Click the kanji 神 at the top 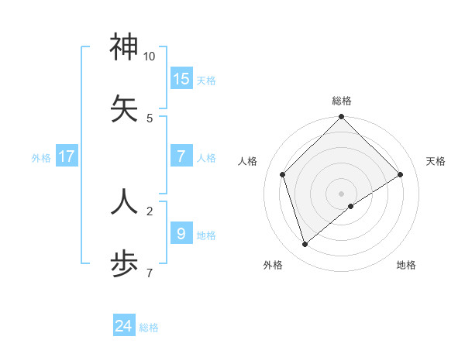(x=124, y=47)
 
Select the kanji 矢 (x=124, y=108)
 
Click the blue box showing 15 (x=181, y=78)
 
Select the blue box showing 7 (x=181, y=156)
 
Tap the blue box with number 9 (x=181, y=233)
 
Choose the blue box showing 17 (x=67, y=156)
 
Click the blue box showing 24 (x=124, y=326)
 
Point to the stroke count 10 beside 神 (x=150, y=57)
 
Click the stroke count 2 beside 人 (x=150, y=210)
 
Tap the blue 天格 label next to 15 (x=206, y=81)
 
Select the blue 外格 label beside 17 (x=41, y=158)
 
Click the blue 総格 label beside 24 (x=149, y=328)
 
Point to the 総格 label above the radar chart (x=342, y=101)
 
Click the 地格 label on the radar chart (x=406, y=265)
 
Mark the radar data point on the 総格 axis (x=341, y=118)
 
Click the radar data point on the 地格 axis (x=351, y=206)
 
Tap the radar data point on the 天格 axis (x=401, y=175)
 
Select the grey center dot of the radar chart (x=341, y=193)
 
